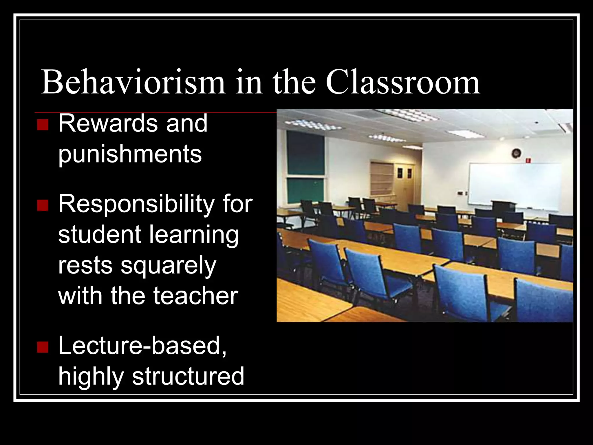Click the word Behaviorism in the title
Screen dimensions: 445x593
[x=133, y=82]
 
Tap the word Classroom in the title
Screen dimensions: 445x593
[x=403, y=82]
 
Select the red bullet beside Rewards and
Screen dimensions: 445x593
[x=43, y=125]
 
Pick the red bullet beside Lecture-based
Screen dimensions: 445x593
[x=43, y=347]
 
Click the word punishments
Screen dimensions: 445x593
[x=130, y=155]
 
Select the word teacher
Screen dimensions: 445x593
[x=195, y=296]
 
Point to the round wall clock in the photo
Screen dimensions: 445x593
[x=516, y=153]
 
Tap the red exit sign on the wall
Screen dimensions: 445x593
[x=529, y=160]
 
